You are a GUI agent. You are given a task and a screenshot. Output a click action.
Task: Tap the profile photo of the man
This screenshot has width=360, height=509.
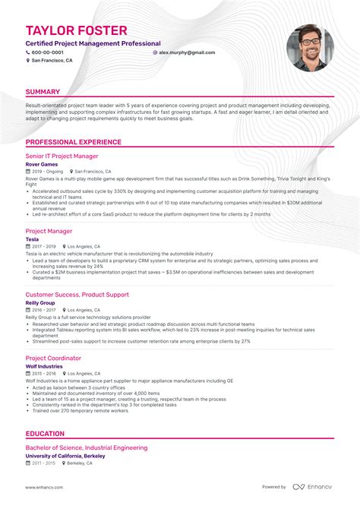pyautogui.click(x=309, y=48)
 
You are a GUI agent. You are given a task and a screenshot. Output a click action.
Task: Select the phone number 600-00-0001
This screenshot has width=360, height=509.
pyautogui.click(x=46, y=52)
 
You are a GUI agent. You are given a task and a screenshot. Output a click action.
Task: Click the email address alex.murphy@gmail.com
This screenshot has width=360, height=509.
pyautogui.click(x=186, y=52)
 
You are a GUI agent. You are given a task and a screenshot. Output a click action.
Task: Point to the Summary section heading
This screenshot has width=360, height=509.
pyautogui.click(x=43, y=92)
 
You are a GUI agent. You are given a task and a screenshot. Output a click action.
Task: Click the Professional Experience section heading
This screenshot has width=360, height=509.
pyautogui.click(x=73, y=142)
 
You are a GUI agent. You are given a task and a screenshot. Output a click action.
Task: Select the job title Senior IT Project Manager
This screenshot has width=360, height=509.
pyautogui.click(x=62, y=156)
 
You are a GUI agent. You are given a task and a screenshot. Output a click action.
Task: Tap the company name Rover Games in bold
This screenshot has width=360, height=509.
pyautogui.click(x=43, y=164)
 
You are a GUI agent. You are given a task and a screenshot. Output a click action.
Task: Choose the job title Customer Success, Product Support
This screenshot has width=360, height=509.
pyautogui.click(x=77, y=294)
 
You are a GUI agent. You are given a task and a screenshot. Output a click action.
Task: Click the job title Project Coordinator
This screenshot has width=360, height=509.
pyautogui.click(x=53, y=357)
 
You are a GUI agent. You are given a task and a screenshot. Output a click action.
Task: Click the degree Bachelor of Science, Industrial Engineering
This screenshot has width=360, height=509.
pyautogui.click(x=87, y=448)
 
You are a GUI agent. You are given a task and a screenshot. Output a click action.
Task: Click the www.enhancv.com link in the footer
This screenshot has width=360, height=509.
pyautogui.click(x=44, y=487)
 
